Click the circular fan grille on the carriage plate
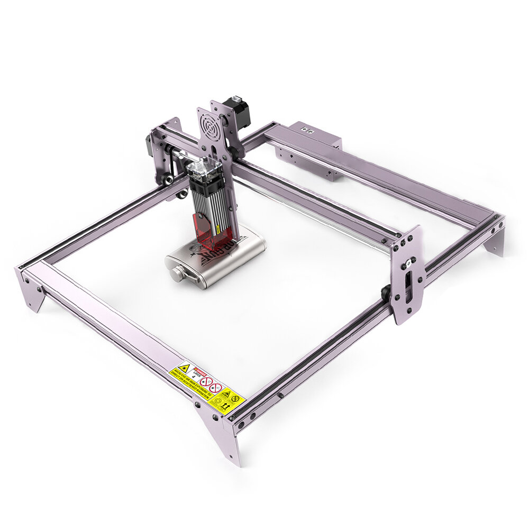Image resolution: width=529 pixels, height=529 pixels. click(x=209, y=125)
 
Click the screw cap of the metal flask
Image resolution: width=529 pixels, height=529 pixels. click(x=176, y=273)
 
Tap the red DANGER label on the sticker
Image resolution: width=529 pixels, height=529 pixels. click(x=199, y=369)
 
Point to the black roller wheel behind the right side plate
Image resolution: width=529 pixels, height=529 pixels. click(x=387, y=293)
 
